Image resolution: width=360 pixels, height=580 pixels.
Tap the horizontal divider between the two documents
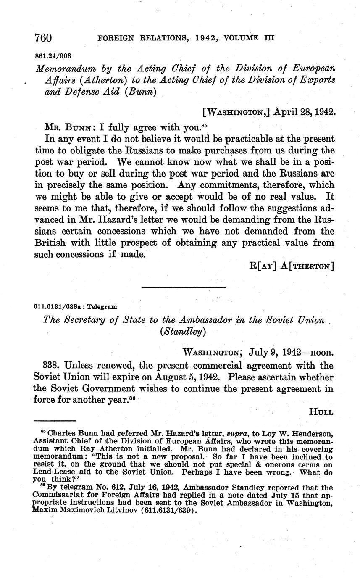184,287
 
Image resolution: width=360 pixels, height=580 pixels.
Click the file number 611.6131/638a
59,307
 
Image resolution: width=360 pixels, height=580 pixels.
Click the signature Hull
321,412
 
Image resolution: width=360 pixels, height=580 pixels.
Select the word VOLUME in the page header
241,38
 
